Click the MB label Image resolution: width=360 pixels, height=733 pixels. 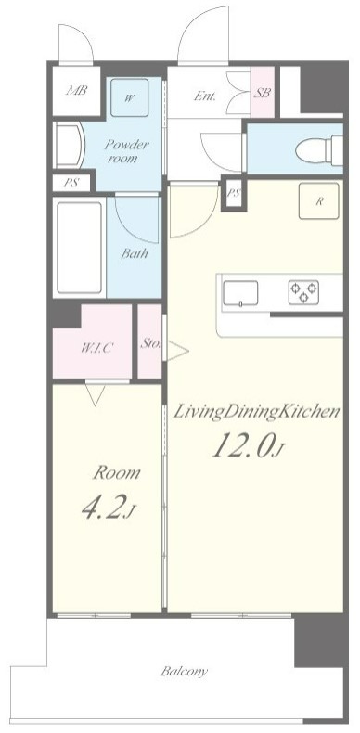[76, 90]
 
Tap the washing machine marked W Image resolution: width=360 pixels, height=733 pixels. [130, 97]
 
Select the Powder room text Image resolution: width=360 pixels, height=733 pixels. [126, 150]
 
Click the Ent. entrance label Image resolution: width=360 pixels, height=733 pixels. [205, 96]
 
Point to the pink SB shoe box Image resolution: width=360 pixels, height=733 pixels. [263, 93]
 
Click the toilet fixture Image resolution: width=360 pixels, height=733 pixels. [319, 150]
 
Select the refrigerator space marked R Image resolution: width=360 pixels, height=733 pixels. [319, 201]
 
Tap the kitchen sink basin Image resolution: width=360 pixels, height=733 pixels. [240, 293]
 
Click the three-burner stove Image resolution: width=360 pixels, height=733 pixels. [303, 292]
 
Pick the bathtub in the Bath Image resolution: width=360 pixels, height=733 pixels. [80, 248]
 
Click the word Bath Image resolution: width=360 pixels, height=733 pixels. [135, 254]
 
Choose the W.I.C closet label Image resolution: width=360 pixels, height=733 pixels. [97, 348]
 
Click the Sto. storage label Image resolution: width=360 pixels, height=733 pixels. [150, 344]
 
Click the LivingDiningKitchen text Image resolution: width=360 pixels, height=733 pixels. [256, 413]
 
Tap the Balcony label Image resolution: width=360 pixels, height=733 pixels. [184, 673]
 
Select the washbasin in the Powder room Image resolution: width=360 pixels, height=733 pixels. [69, 145]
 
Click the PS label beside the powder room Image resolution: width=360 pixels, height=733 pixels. [71, 183]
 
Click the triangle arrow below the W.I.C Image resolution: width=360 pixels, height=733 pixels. [95, 395]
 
